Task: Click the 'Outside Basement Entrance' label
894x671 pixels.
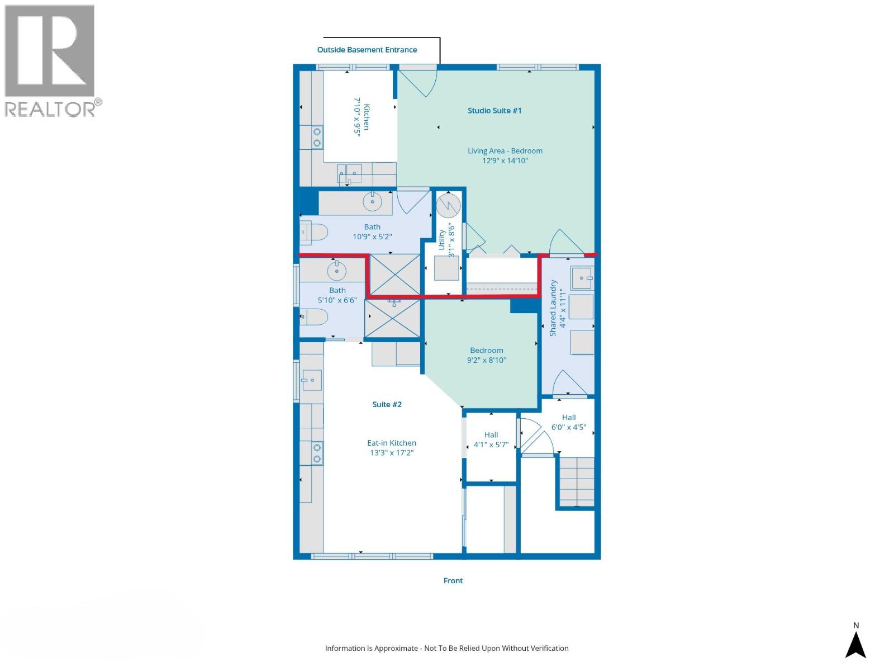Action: pos(367,50)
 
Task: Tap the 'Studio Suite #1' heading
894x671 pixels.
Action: pos(494,111)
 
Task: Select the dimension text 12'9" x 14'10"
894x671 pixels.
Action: pos(505,161)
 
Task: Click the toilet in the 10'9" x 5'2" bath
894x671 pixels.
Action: pos(313,232)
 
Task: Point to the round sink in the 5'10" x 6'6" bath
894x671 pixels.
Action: pos(336,271)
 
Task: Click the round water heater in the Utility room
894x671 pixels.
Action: pos(448,205)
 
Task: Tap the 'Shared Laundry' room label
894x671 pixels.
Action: pos(553,308)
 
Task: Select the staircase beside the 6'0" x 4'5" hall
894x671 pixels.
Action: pos(577,481)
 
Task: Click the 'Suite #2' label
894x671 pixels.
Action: pos(387,404)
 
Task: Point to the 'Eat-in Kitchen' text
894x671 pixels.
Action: pos(391,443)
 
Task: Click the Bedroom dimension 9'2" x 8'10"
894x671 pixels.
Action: pos(486,360)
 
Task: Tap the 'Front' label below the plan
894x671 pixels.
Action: pos(453,581)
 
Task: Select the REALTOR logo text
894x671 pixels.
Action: pos(50,108)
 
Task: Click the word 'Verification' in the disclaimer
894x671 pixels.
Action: pos(547,649)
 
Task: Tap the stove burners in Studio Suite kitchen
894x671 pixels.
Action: pos(317,137)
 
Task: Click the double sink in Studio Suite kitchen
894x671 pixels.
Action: pos(350,173)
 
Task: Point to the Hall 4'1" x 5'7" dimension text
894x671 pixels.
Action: pos(491,445)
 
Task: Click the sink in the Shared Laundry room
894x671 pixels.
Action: pos(582,278)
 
